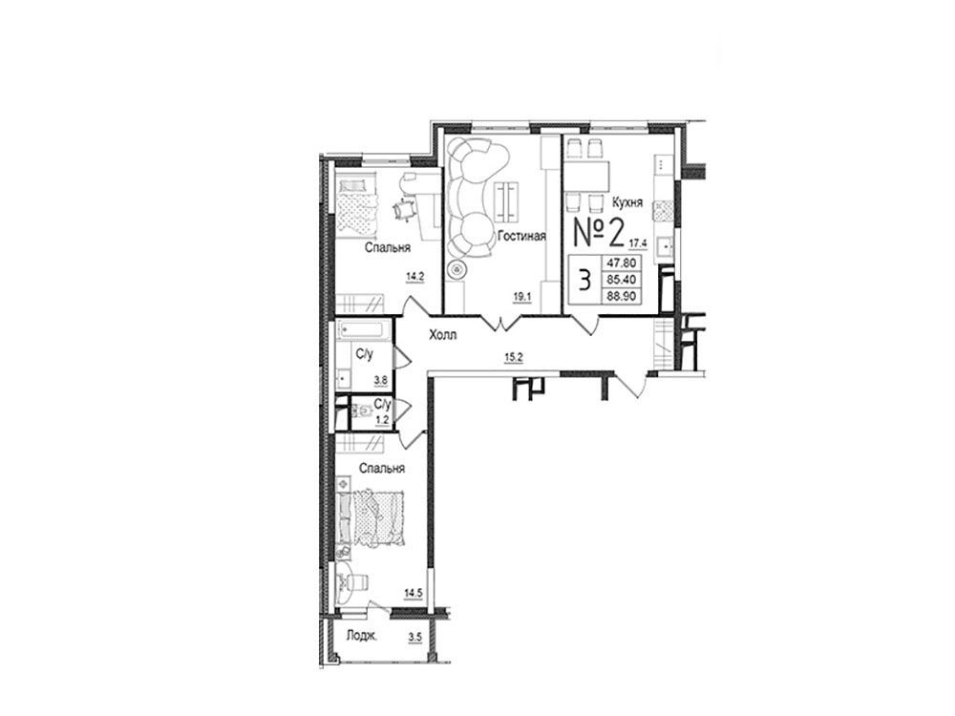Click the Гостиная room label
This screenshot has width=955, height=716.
coord(521,236)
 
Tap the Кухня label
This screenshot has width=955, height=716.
coord(627,202)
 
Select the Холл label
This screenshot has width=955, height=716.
coord(443,335)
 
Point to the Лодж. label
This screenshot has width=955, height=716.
coord(362,636)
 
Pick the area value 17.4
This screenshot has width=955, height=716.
coord(638,243)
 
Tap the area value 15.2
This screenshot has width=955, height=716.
coord(514,358)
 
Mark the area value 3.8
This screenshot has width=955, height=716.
coord(381,381)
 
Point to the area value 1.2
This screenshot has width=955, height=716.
coord(383,419)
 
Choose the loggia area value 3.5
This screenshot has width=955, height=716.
coord(415,638)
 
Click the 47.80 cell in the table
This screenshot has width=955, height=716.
coord(621,263)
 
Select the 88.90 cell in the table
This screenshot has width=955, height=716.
coord(621,296)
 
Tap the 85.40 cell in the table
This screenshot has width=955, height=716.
coord(621,280)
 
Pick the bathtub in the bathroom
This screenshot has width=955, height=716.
coord(361,330)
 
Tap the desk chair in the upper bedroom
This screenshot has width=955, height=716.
coord(403,209)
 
